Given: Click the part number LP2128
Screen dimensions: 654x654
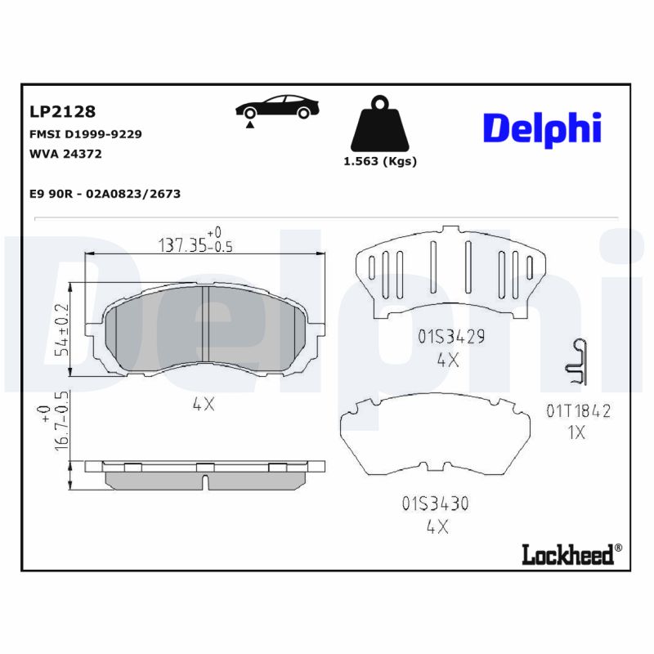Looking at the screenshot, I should (62, 111).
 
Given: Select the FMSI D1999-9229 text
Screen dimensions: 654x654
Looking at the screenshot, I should (85, 133).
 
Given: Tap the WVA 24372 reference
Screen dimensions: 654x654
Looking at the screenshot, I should (65, 154).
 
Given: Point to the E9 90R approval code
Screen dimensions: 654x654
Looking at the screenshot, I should (105, 194).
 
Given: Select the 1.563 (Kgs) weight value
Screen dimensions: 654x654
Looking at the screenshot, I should (380, 161).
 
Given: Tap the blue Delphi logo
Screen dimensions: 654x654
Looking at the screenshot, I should (541, 128).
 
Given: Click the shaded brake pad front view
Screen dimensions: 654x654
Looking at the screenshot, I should (204, 327).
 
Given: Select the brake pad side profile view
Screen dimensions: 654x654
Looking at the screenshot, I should (204, 474).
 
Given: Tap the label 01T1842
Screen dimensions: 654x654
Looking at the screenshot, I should (578, 411).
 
